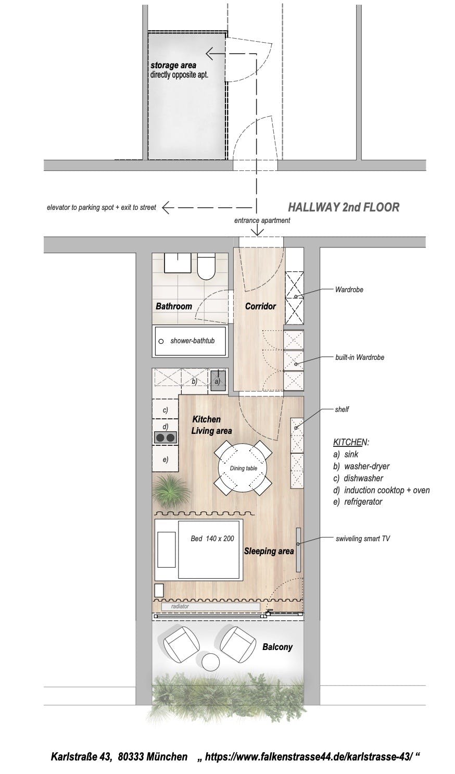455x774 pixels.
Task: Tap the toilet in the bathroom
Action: pyautogui.click(x=206, y=266)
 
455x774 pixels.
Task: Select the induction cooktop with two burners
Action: pyautogui.click(x=165, y=438)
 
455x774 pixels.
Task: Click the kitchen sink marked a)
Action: pyautogui.click(x=218, y=380)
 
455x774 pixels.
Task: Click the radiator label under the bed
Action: pyautogui.click(x=180, y=606)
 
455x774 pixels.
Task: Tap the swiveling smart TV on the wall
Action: pyautogui.click(x=298, y=550)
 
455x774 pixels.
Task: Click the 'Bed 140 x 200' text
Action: pyautogui.click(x=212, y=539)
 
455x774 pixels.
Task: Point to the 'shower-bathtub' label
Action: pyautogui.click(x=193, y=341)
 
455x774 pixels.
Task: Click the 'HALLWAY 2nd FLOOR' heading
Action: pyautogui.click(x=344, y=207)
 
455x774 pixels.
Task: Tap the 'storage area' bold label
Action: pyautogui.click(x=173, y=65)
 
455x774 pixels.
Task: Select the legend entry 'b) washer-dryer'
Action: pyautogui.click(x=361, y=466)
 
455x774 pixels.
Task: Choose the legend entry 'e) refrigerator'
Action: pyautogui.click(x=358, y=502)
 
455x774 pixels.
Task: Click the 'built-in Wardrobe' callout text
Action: pyautogui.click(x=360, y=357)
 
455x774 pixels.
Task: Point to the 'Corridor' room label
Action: pyautogui.click(x=260, y=306)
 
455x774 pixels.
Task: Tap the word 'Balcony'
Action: pyautogui.click(x=277, y=647)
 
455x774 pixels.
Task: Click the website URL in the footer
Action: pyautogui.click(x=309, y=756)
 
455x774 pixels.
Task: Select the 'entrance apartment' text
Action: pyautogui.click(x=262, y=220)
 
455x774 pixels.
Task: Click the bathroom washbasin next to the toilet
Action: pyautogui.click(x=178, y=263)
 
